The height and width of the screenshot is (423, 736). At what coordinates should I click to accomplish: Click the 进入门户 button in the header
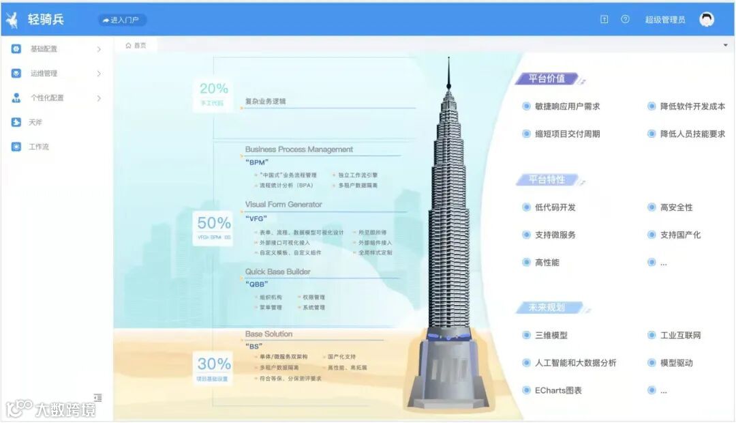coord(121,20)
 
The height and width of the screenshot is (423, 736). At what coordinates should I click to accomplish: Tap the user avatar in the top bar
coord(707,20)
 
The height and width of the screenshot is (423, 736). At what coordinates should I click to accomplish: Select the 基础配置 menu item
coord(44,49)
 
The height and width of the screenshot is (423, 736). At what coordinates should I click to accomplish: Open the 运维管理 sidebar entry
coord(44,74)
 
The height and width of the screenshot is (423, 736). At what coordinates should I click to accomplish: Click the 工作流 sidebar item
coord(39,147)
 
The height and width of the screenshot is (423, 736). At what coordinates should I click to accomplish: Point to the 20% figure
coord(213,88)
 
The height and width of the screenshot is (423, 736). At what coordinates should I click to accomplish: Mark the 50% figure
coord(214,222)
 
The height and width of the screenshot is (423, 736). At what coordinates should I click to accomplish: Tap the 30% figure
coord(214,364)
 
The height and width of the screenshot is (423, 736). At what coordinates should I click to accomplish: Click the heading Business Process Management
coord(299,149)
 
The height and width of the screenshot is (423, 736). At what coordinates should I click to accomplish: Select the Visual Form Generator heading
coord(283,204)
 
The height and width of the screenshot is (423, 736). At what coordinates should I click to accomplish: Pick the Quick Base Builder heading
coord(277,272)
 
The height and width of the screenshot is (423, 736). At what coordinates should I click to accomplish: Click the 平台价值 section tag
coord(547,78)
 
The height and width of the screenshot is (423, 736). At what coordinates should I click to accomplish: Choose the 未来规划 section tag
coord(547,308)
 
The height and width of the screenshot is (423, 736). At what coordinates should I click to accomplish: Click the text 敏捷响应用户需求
coord(567,106)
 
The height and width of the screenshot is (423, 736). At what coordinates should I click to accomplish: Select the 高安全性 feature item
coord(676,207)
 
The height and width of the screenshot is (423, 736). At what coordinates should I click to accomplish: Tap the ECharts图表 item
coord(558,390)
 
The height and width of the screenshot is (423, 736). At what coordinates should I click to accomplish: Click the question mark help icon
coord(625,20)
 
